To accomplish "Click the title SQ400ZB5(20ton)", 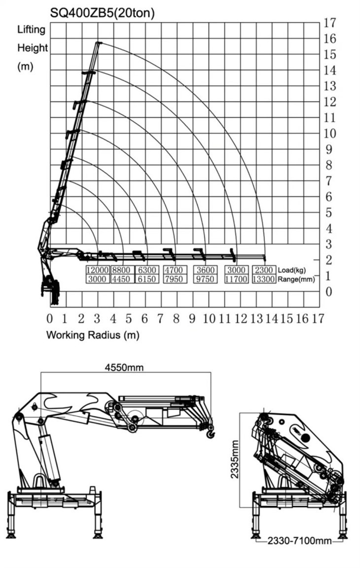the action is tap(103, 13).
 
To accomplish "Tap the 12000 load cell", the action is tap(98, 270).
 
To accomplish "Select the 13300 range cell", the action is tap(264, 279).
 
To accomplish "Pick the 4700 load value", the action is tap(174, 270).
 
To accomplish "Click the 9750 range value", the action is tap(205, 279).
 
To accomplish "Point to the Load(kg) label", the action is tap(291, 270).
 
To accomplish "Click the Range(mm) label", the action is tap(296, 279).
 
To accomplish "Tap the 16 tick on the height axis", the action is tap(329, 38).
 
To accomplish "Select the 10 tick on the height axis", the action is tap(329, 133).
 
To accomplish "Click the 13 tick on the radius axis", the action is tap(257, 319).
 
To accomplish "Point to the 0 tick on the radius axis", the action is tap(50, 319).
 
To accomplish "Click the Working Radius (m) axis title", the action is tap(93, 335).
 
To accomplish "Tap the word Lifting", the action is tap(31, 30).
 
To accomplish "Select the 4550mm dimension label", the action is tap(124, 367).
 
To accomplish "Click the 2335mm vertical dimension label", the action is tap(235, 459).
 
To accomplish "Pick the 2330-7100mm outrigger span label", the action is tap(299, 541).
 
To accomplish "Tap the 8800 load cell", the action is tap(121, 270).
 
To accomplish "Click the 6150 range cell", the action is tap(146, 279).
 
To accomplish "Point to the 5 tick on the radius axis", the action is tap(129, 319).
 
